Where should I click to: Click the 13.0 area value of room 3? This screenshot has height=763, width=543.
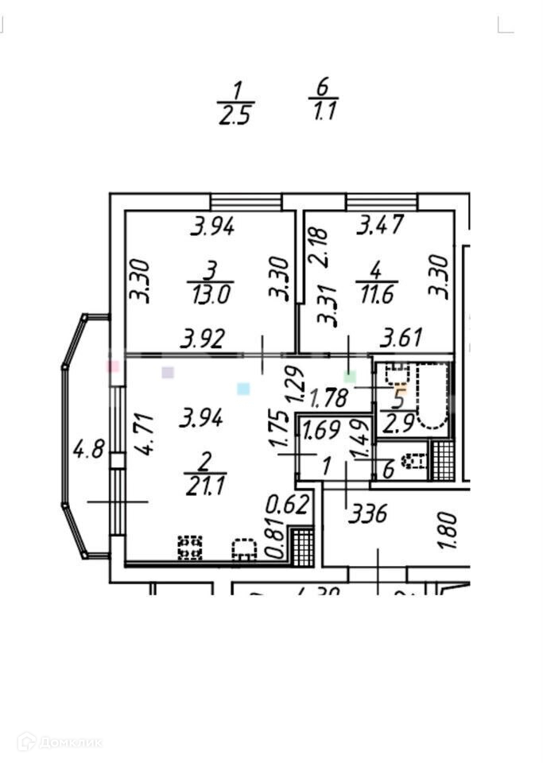[210, 296]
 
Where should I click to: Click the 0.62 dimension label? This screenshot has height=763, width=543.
[287, 505]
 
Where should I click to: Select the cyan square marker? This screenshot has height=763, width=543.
[243, 389]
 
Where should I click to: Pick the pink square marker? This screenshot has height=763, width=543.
[114, 367]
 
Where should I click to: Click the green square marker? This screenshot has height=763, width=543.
[350, 375]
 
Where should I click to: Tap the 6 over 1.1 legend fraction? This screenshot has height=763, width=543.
[323, 99]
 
